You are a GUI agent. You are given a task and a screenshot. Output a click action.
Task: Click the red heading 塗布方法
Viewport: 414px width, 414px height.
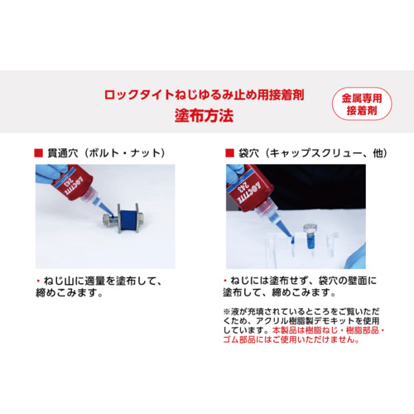point(204,115)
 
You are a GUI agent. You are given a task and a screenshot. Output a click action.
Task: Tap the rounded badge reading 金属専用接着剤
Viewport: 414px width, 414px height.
point(362,103)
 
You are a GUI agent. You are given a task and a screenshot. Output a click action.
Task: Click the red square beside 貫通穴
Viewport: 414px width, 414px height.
point(38,153)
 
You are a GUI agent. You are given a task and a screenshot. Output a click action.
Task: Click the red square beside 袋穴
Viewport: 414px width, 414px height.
point(229,153)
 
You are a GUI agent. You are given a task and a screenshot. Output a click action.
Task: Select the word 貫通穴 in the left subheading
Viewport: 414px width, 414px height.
point(63,153)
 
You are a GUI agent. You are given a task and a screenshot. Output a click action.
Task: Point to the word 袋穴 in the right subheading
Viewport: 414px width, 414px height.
point(249,153)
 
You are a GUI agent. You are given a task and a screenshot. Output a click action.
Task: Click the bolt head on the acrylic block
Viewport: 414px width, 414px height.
point(310,229)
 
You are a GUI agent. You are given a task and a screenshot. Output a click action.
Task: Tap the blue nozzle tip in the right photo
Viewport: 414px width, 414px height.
point(290,235)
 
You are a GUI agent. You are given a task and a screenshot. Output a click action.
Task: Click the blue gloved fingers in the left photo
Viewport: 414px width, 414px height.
point(50,173)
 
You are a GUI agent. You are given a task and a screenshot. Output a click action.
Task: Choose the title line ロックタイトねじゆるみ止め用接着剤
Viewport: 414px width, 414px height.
point(204,94)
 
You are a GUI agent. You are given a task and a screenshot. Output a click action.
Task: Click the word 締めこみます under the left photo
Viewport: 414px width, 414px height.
point(69,292)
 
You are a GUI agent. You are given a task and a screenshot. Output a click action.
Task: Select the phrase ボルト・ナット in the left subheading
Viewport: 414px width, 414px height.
point(125,153)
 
